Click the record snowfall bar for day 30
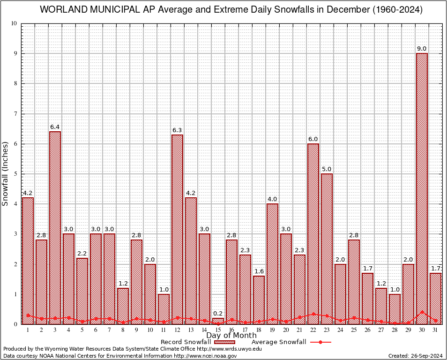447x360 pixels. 422,187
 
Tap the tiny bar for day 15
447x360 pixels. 218,321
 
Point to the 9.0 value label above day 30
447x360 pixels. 422,49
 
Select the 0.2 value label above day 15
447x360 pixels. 218,314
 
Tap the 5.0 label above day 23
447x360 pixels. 327,169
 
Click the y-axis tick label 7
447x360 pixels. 15,114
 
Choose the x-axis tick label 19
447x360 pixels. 272,330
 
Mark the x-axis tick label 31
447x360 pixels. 435,330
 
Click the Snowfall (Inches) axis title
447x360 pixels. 6,173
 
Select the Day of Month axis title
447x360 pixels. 231,336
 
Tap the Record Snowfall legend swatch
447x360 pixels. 224,342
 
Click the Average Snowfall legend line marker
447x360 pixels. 320,342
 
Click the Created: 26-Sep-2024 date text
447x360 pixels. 416,356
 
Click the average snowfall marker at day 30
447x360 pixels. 422,312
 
